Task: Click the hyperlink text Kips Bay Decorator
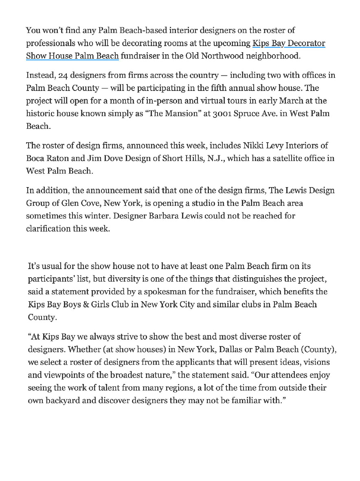click(x=288, y=43)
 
